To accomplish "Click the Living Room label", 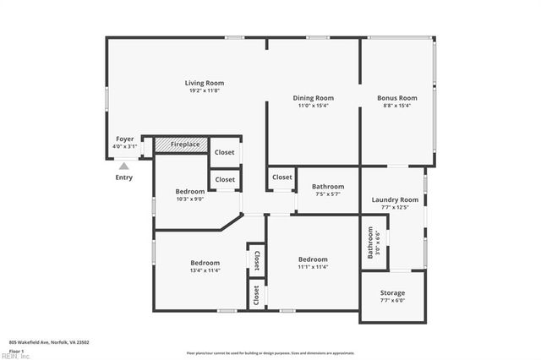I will pos(205,83).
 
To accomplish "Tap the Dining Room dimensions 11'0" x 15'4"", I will pos(314,106).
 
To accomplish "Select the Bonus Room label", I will pos(397,98).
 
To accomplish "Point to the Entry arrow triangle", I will pos(124,166).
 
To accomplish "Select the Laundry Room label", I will pos(396,199).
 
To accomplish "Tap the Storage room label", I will pos(392,292).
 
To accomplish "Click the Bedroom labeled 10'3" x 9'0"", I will pos(190,191).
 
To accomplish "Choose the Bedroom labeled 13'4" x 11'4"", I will pos(205,263).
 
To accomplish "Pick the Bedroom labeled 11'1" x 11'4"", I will pos(313,259).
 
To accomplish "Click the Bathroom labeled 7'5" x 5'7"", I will pos(328,186).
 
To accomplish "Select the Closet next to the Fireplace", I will pos(224,152).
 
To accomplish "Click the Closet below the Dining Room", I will pos(281,177).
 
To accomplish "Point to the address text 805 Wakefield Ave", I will pos(49,342).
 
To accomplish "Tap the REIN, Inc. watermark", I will pos(15,356).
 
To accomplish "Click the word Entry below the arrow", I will pos(124,177).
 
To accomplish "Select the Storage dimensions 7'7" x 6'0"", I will pos(392,300).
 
